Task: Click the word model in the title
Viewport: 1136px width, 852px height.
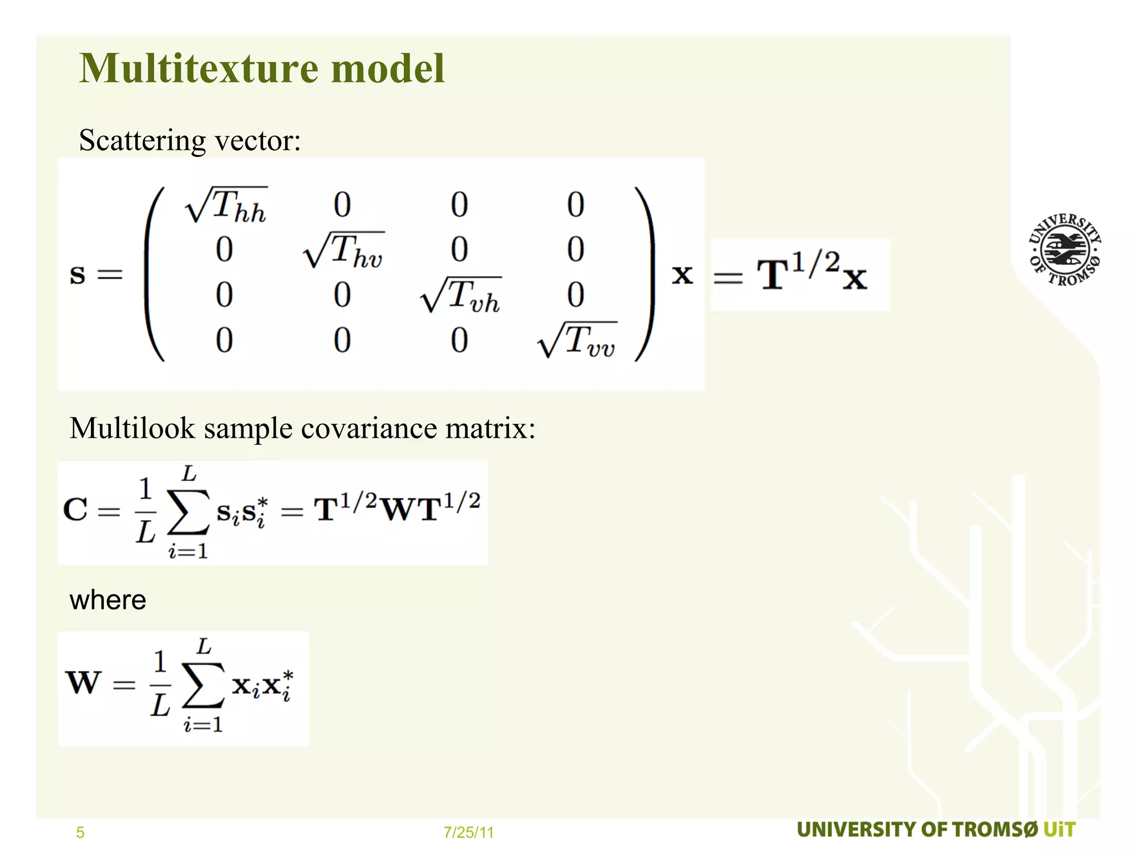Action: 388,68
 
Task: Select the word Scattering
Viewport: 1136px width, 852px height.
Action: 143,140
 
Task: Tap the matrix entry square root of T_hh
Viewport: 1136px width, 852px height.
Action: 226,205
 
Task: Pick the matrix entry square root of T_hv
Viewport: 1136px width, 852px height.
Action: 344,250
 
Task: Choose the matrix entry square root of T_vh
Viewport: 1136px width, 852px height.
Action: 461,295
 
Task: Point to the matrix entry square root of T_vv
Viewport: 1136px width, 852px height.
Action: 577,340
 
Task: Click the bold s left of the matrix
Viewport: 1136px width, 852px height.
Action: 78,275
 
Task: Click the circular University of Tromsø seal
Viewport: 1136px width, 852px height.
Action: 1065,250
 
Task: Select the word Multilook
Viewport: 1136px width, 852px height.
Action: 133,428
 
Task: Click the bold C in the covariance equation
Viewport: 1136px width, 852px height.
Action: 75,509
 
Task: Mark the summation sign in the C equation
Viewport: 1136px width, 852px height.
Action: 189,511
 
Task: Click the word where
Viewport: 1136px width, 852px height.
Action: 108,600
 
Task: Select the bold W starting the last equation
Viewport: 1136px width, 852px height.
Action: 84,682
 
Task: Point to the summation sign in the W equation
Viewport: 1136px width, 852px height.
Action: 203,686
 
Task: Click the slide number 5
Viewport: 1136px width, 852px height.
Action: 80,833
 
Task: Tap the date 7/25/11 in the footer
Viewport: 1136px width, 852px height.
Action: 469,833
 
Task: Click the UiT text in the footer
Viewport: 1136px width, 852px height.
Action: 1059,830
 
